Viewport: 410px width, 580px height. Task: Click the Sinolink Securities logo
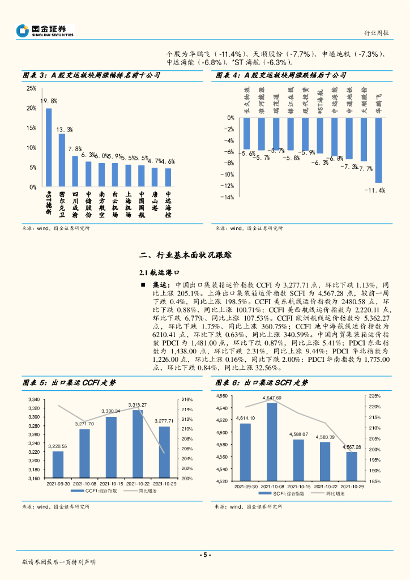pos(45,31)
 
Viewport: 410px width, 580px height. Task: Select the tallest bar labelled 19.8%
pos(49,147)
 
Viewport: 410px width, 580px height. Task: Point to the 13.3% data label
pos(65,130)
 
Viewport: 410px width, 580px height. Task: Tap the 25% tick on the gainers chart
pos(31,89)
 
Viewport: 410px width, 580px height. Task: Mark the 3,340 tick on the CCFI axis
pos(33,400)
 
